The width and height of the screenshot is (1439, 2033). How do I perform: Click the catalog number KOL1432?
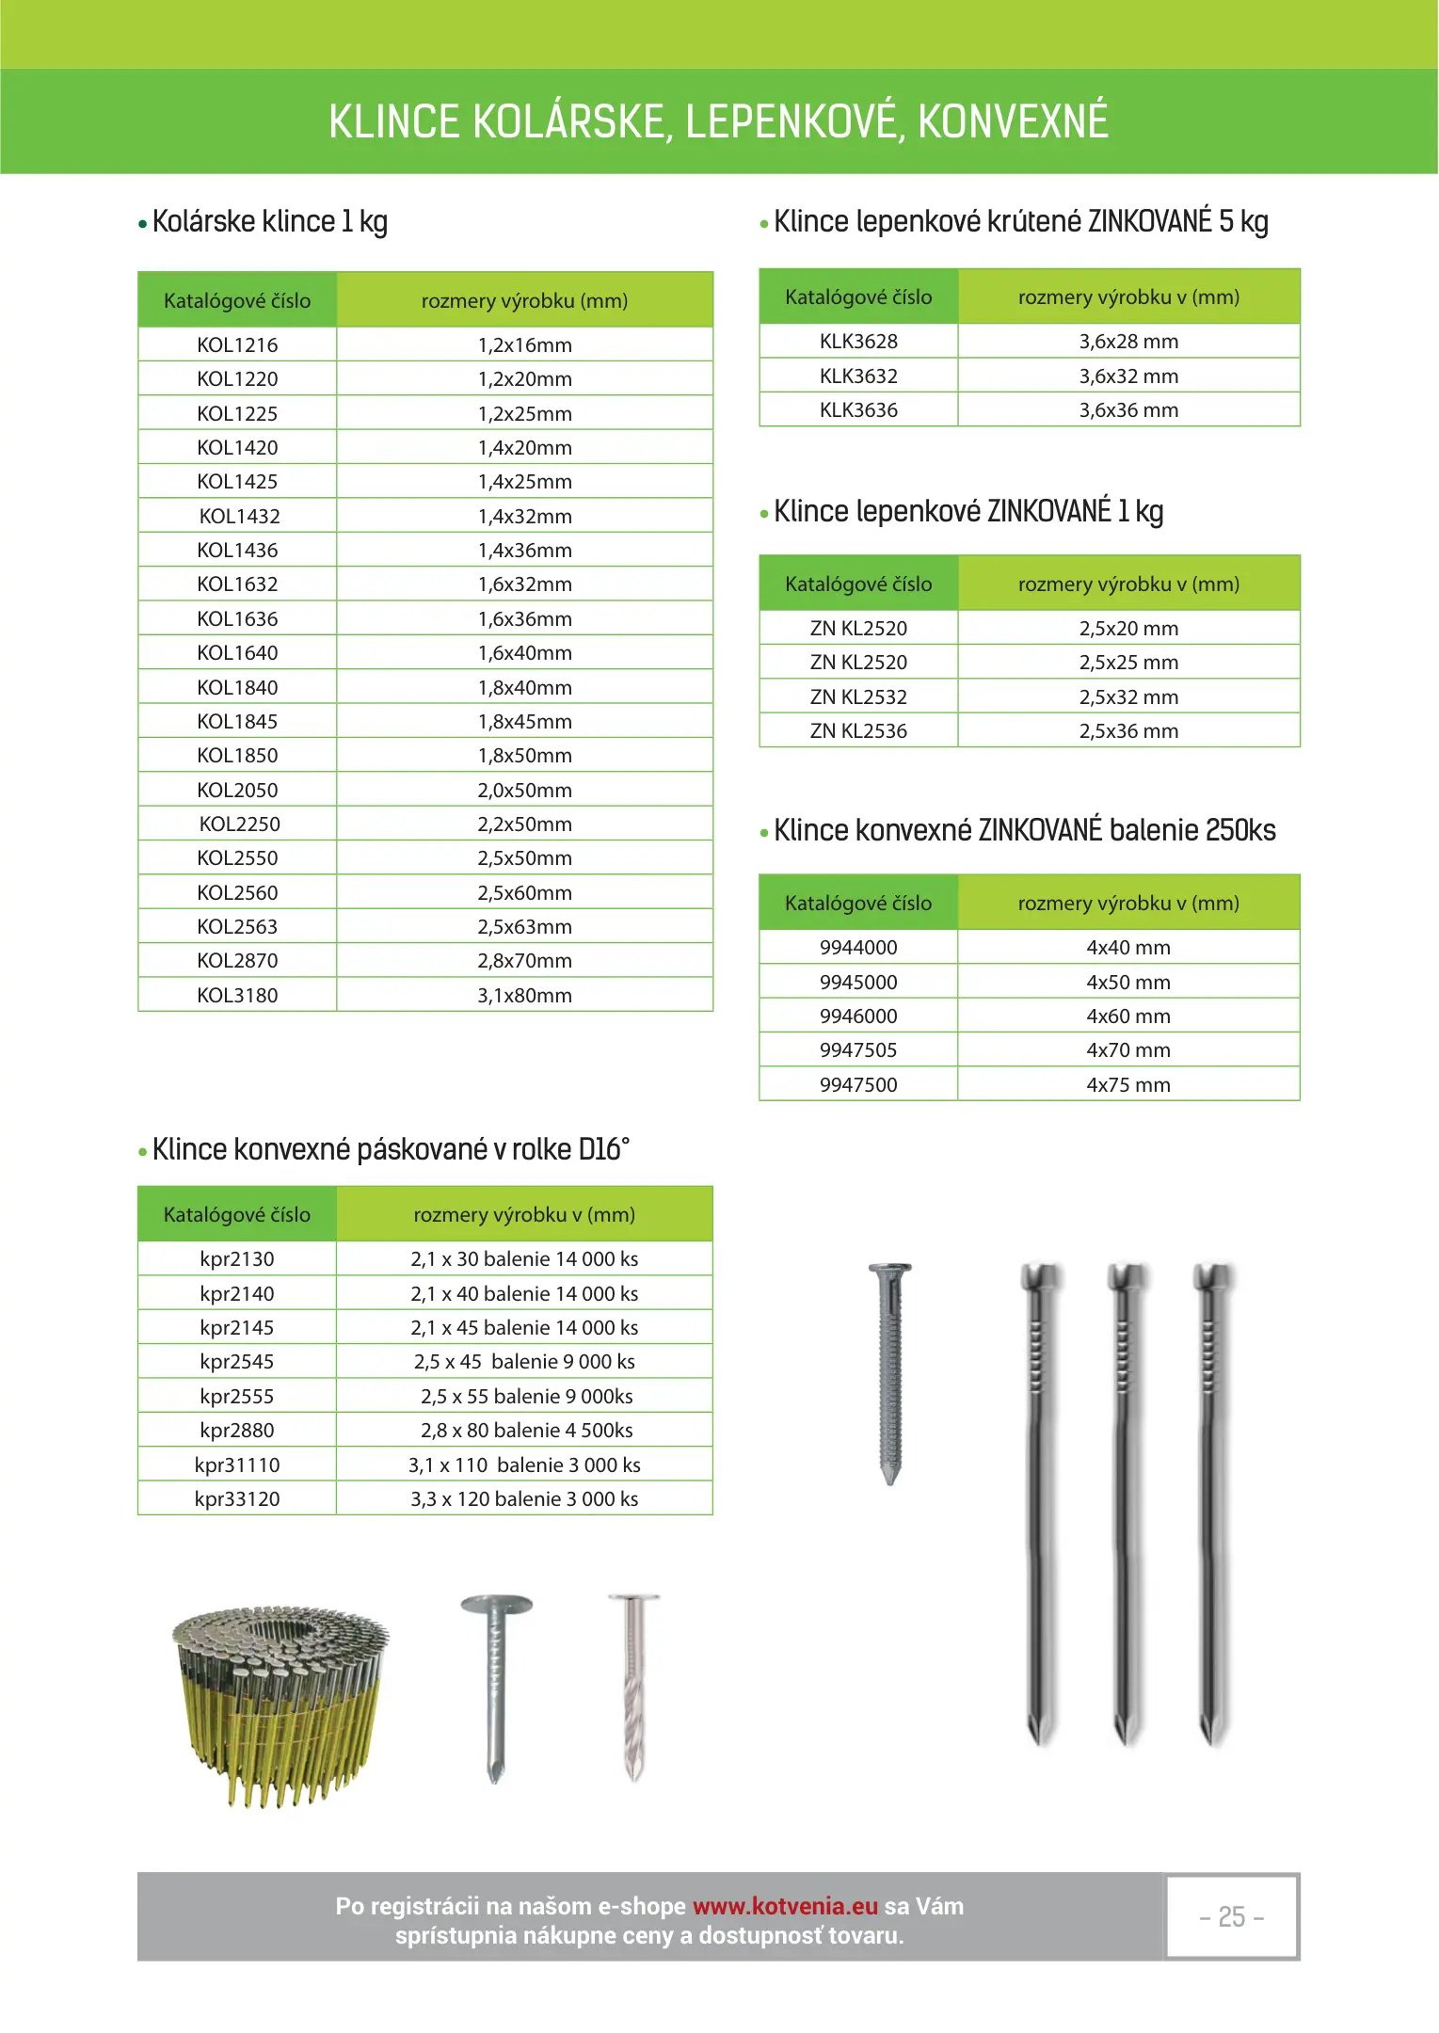tap(239, 516)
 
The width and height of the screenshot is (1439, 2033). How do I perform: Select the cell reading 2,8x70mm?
tap(524, 961)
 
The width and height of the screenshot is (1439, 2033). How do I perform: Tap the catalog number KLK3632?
tap(858, 376)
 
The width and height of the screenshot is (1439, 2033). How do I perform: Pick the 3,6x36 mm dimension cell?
tap(1128, 410)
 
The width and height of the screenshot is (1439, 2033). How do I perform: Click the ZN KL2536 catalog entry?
tap(858, 731)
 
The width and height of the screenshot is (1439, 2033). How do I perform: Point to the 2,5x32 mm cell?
tap(1128, 697)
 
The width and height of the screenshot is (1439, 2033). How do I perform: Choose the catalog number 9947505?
tap(858, 1050)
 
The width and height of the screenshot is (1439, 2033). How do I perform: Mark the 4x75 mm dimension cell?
tap(1128, 1085)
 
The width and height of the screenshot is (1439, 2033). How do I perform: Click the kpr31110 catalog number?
tap(237, 1465)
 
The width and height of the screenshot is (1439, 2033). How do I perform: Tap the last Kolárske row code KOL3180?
tap(237, 996)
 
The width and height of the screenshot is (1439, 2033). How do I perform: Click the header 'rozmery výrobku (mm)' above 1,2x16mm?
tap(524, 301)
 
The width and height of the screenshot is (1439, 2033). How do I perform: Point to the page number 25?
tap(1231, 1917)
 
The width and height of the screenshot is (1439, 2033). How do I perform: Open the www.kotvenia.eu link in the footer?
tap(785, 1907)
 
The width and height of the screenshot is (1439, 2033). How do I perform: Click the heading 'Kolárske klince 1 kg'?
tap(269, 222)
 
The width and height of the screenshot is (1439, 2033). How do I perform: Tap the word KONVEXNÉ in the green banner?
tap(1013, 122)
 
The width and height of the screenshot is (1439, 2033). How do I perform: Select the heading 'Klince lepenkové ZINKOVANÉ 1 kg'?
tap(968, 512)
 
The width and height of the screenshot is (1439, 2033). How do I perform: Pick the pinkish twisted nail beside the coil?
tap(634, 1685)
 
